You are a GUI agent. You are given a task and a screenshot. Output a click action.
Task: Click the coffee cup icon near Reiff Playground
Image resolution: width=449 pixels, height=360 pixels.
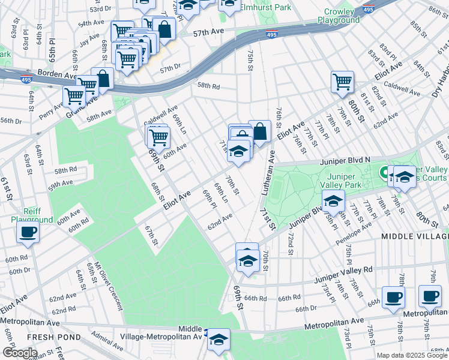click(x=28, y=233)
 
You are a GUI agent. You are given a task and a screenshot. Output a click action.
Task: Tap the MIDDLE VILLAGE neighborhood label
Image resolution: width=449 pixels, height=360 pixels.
click(x=415, y=237)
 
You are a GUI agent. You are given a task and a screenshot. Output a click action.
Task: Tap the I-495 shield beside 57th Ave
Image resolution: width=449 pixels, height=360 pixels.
click(x=272, y=35)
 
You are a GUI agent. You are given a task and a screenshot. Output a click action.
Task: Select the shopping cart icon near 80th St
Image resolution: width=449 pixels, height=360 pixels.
click(x=342, y=81)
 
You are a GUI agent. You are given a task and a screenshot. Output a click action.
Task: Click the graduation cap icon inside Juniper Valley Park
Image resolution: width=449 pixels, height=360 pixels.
click(x=333, y=201)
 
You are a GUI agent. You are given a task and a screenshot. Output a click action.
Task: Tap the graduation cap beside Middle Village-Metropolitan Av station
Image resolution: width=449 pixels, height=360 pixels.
click(x=219, y=339)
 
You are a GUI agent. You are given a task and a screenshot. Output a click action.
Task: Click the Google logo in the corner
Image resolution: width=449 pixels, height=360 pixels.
click(x=20, y=352)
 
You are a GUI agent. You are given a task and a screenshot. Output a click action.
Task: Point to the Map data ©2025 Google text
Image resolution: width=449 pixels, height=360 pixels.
click(x=411, y=355)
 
